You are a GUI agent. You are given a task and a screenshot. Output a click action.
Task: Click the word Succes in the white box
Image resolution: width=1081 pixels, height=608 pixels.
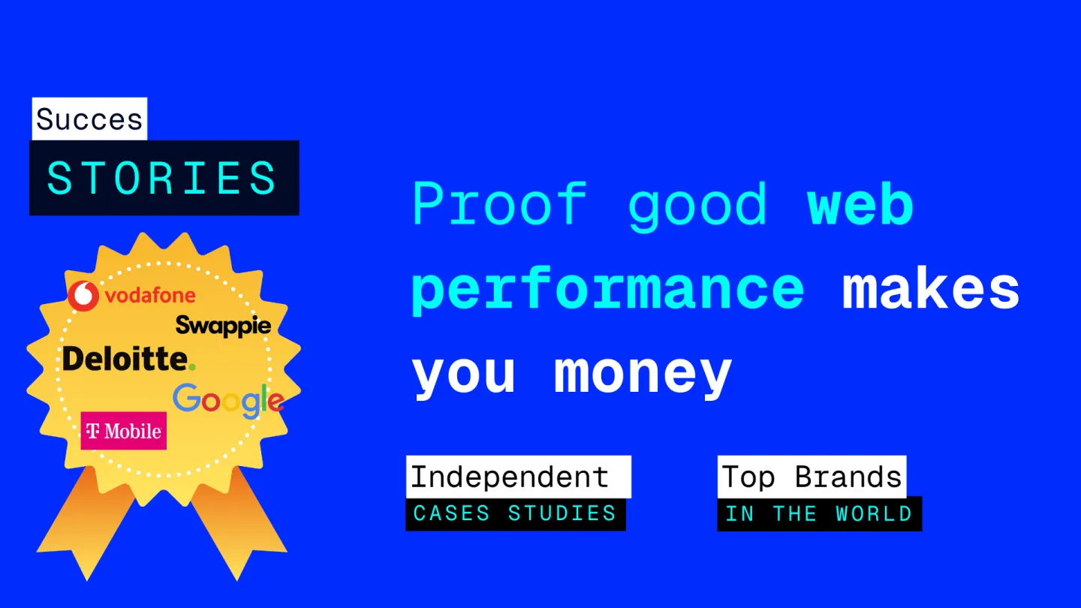(89, 119)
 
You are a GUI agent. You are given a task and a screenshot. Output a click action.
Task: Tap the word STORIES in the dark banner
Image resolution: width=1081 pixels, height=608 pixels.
(162, 178)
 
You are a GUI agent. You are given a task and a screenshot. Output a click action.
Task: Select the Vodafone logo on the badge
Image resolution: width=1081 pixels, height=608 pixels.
(131, 295)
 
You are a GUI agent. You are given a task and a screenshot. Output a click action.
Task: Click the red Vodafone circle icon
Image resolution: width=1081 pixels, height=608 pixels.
(83, 295)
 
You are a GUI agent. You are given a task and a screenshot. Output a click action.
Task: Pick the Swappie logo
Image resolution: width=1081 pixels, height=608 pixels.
(223, 327)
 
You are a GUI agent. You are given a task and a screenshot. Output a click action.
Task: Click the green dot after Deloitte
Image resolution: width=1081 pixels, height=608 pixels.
(191, 367)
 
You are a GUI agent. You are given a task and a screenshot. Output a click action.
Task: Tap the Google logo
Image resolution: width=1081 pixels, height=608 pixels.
(228, 400)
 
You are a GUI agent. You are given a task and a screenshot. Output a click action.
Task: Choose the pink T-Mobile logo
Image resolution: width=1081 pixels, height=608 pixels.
(124, 430)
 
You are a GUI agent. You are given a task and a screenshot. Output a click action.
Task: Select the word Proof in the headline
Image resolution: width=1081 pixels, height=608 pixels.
(499, 203)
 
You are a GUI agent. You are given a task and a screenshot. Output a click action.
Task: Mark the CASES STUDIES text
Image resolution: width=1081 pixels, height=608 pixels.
(515, 513)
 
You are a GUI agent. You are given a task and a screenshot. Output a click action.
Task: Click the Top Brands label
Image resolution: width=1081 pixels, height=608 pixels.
(812, 477)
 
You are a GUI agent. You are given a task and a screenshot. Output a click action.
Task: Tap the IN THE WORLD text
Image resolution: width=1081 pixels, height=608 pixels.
(819, 514)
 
